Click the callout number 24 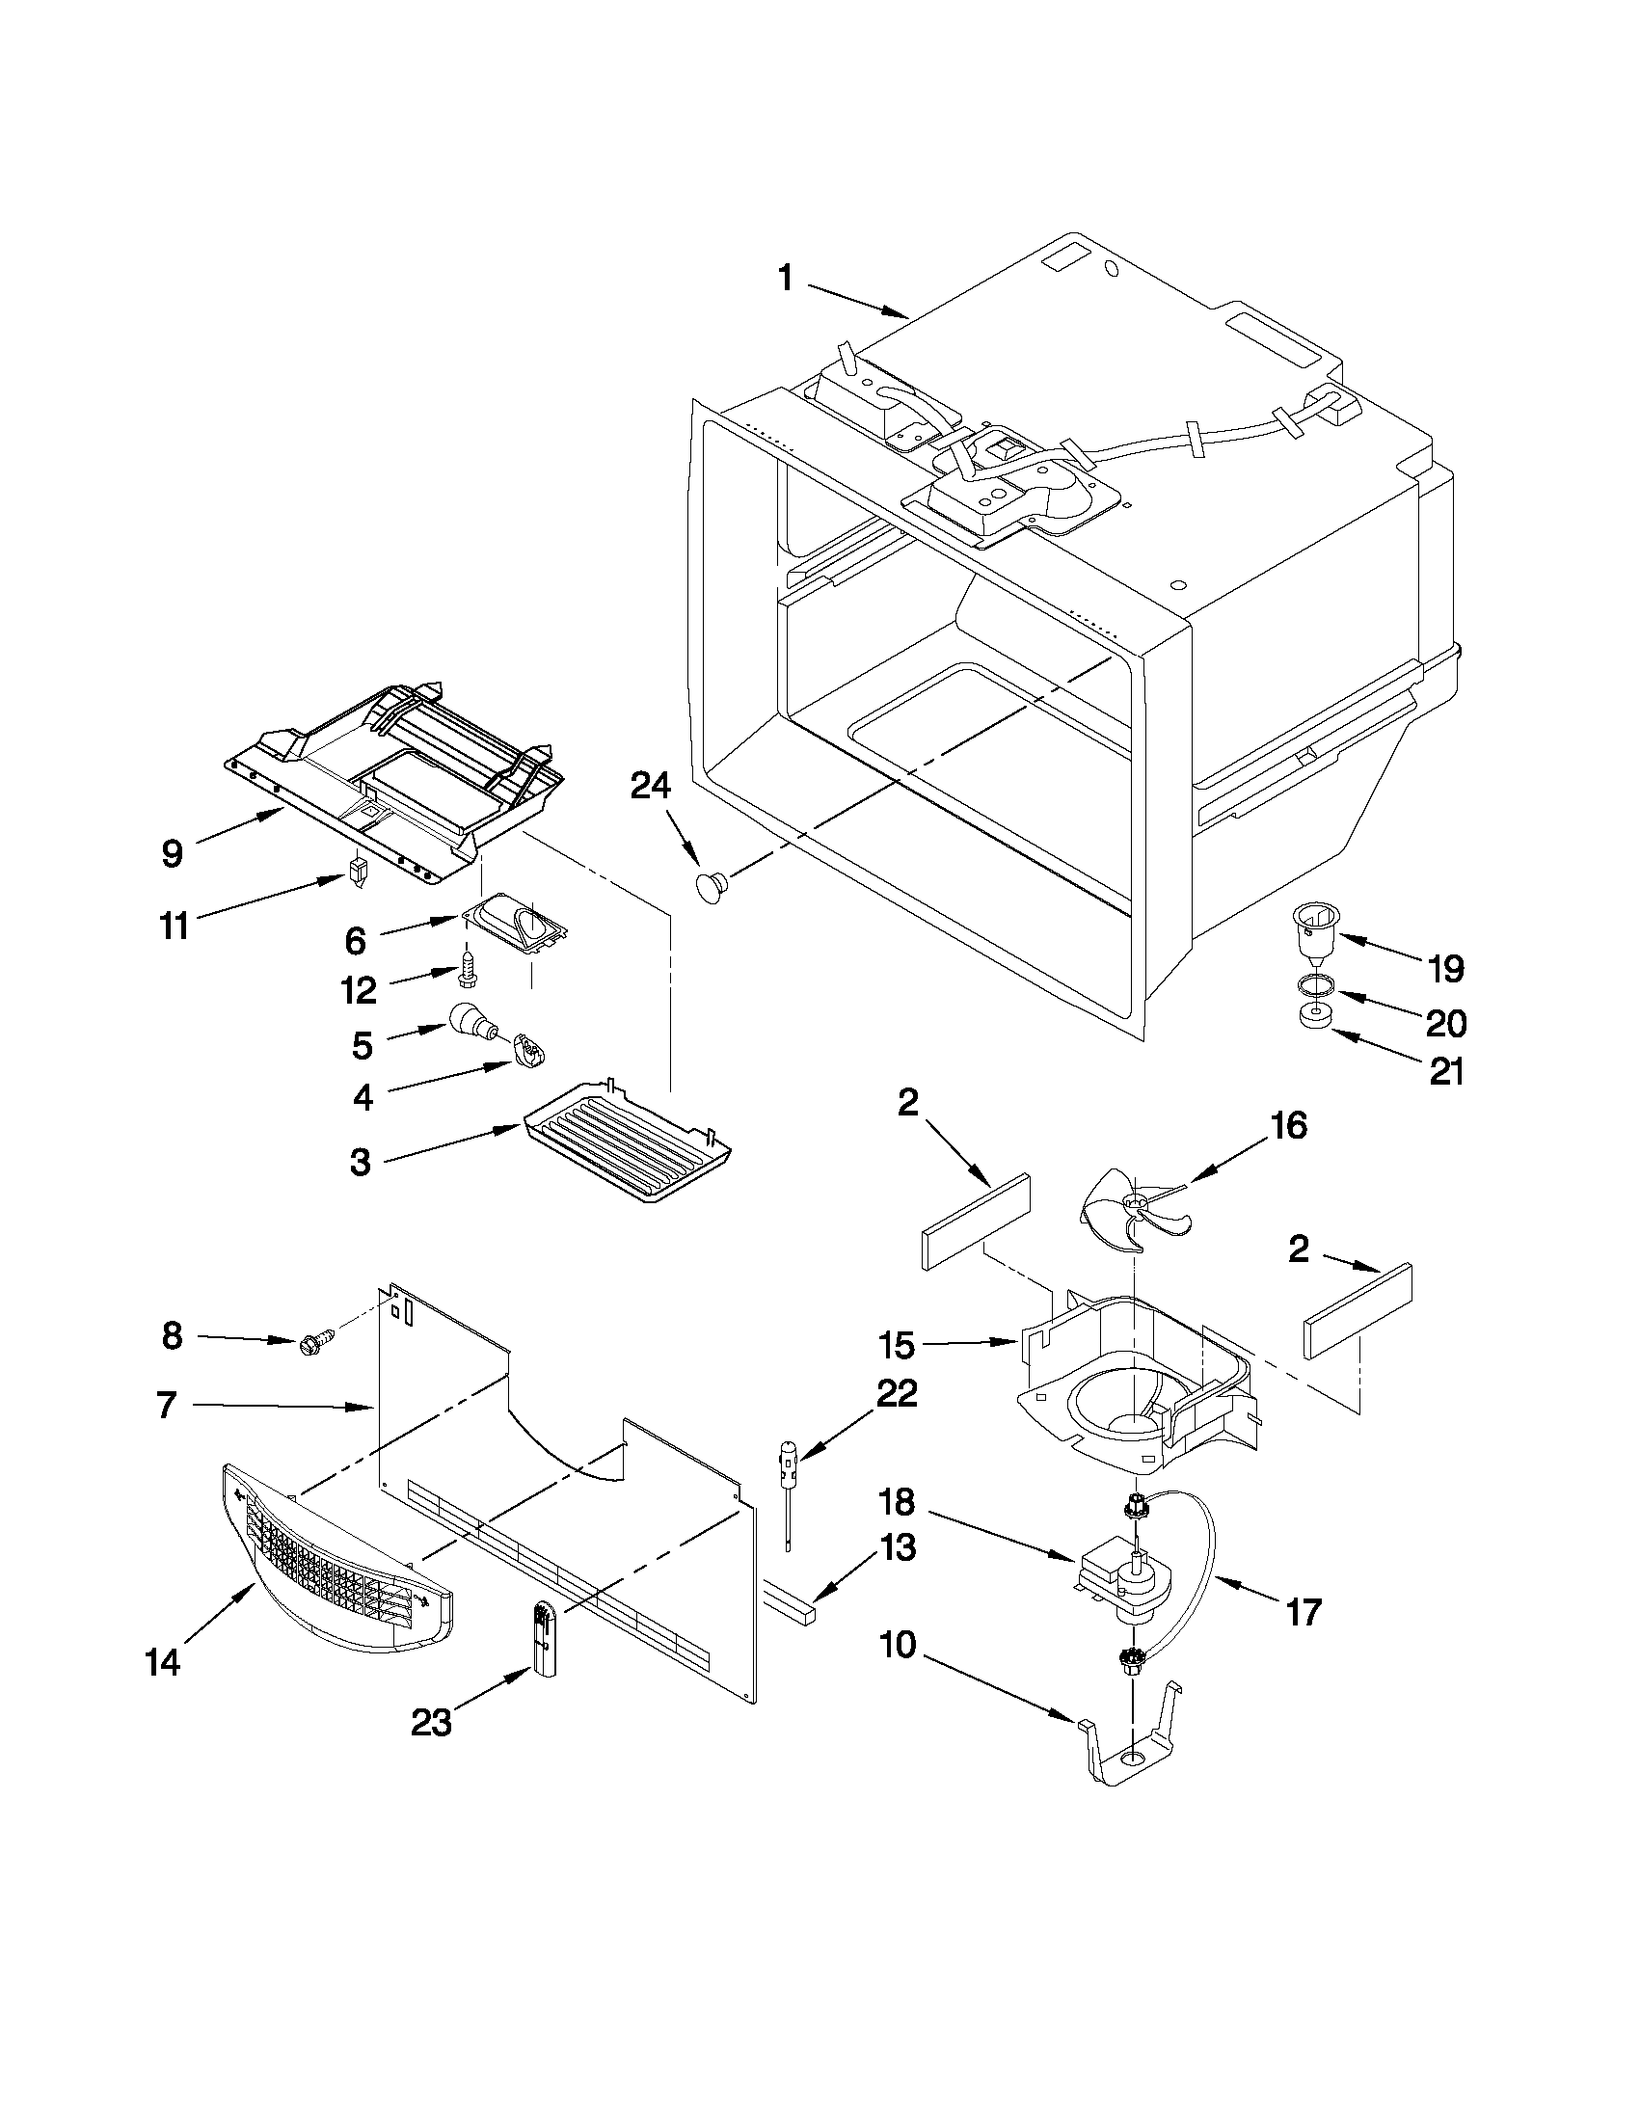pos(650,785)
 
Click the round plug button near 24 pos(712,885)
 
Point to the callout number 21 pos(1446,1071)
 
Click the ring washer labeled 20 pos(1313,990)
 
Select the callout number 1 pos(785,280)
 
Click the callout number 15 pos(896,1345)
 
